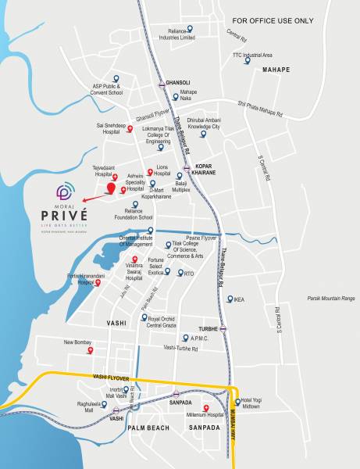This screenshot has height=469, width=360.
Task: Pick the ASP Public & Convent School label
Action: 109,90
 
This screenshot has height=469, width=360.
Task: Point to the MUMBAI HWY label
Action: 233,426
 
